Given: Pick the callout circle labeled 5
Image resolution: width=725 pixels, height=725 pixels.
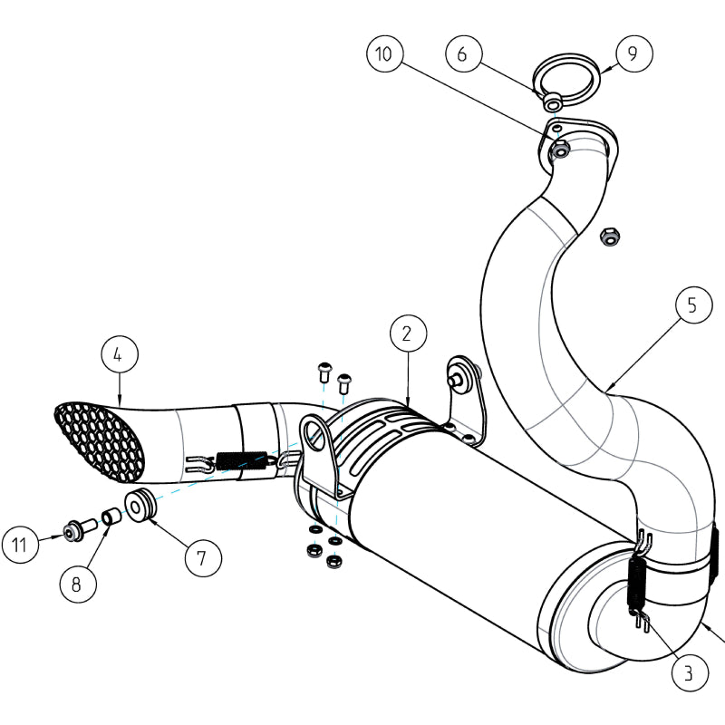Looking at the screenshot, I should tap(692, 305).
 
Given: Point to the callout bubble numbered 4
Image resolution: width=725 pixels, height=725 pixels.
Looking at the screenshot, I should tap(119, 356).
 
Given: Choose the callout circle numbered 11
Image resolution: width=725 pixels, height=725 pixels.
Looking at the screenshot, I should tap(20, 545).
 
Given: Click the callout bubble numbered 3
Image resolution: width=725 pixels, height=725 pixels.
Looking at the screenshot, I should tap(689, 672).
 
